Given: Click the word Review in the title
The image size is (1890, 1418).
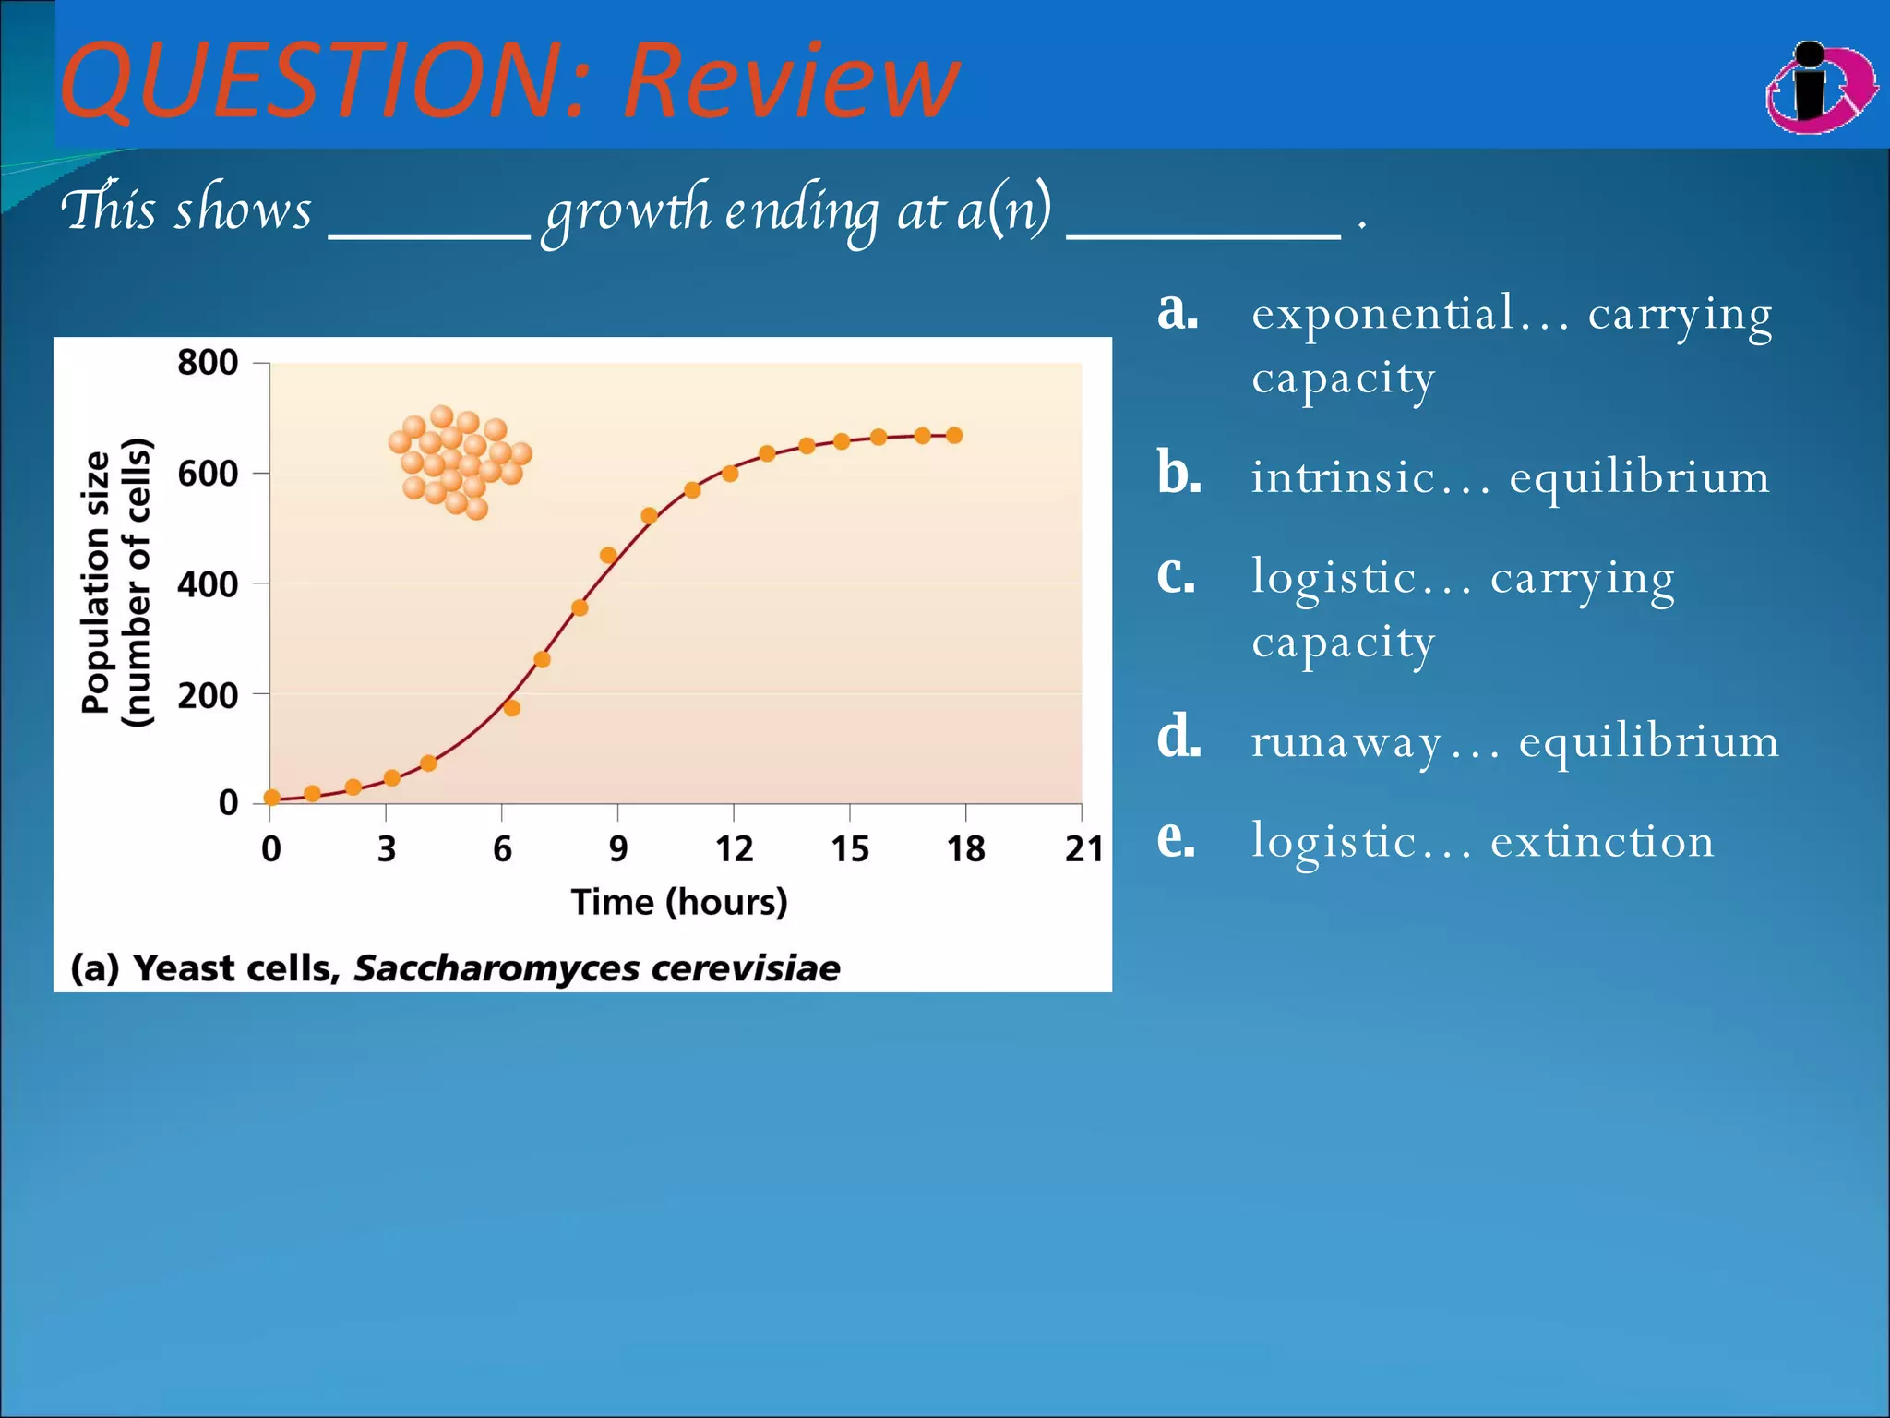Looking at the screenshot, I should click(792, 81).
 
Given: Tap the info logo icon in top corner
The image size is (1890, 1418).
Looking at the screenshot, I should click(1820, 89).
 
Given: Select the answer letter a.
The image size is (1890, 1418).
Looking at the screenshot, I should click(1178, 311).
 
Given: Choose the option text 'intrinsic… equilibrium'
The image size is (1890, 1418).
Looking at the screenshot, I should click(1510, 477).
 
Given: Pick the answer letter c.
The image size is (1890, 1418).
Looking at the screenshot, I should click(1176, 575).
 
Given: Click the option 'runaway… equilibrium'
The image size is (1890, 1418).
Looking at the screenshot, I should click(1514, 741).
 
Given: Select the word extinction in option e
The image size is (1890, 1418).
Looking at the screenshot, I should click(1602, 841).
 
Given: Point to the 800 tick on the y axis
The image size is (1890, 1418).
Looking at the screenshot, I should click(208, 362).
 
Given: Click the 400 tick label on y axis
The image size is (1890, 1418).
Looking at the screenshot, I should click(208, 583).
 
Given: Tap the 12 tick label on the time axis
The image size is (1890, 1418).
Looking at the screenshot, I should click(734, 848).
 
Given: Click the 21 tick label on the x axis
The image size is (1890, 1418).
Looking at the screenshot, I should click(1083, 848).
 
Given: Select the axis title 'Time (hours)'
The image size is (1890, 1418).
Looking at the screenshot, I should click(679, 902).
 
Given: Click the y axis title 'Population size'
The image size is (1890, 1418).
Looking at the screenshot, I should click(96, 583).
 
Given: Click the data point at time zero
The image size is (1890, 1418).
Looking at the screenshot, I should click(271, 798).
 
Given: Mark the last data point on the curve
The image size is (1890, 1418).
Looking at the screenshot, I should click(954, 436).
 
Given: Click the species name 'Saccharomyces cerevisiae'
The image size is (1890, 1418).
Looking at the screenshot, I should click(596, 968).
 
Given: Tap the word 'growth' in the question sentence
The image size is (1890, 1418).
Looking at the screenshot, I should click(628, 211).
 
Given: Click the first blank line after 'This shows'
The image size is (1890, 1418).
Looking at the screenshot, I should click(429, 233).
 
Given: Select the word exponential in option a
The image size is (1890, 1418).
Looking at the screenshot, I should click(1382, 313).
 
